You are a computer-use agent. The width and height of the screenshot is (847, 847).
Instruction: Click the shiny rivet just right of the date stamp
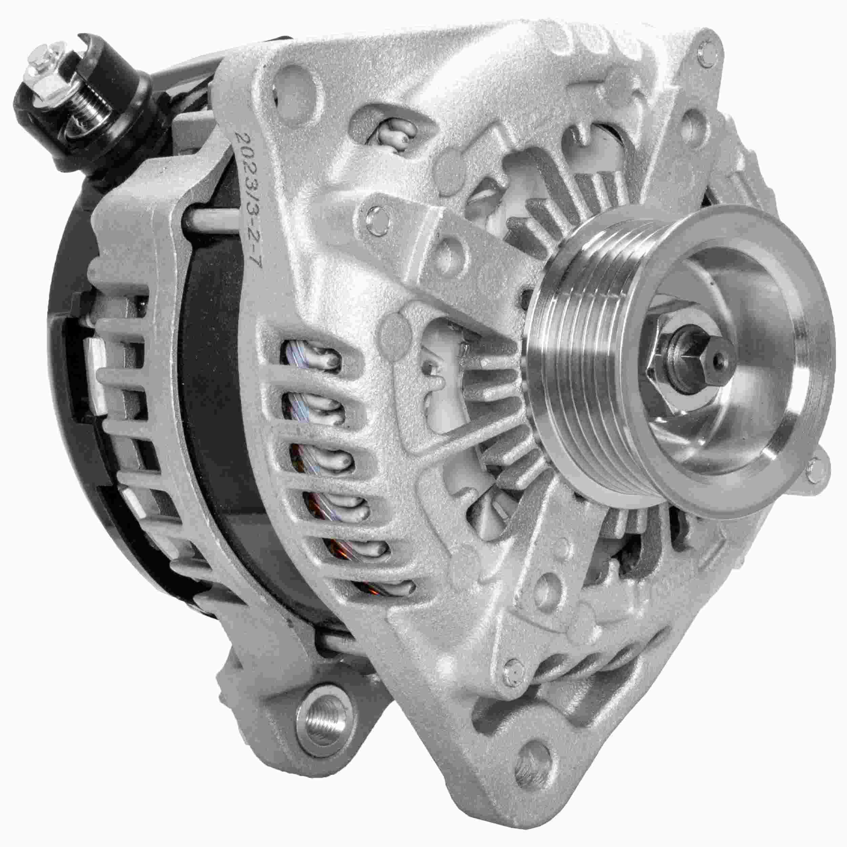click(376, 218)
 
